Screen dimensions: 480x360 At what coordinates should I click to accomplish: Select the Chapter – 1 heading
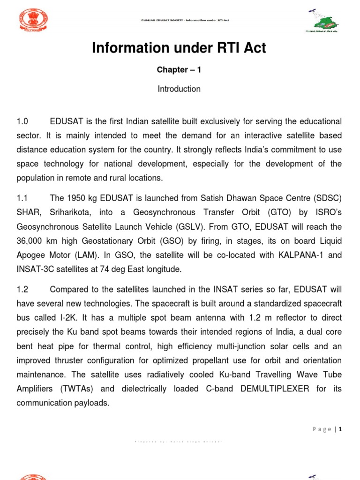(x=180, y=70)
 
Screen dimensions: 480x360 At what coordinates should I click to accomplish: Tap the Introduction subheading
(x=180, y=89)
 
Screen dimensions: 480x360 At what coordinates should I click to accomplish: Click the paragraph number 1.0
(x=23, y=121)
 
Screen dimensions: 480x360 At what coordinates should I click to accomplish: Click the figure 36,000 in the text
(x=32, y=241)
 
